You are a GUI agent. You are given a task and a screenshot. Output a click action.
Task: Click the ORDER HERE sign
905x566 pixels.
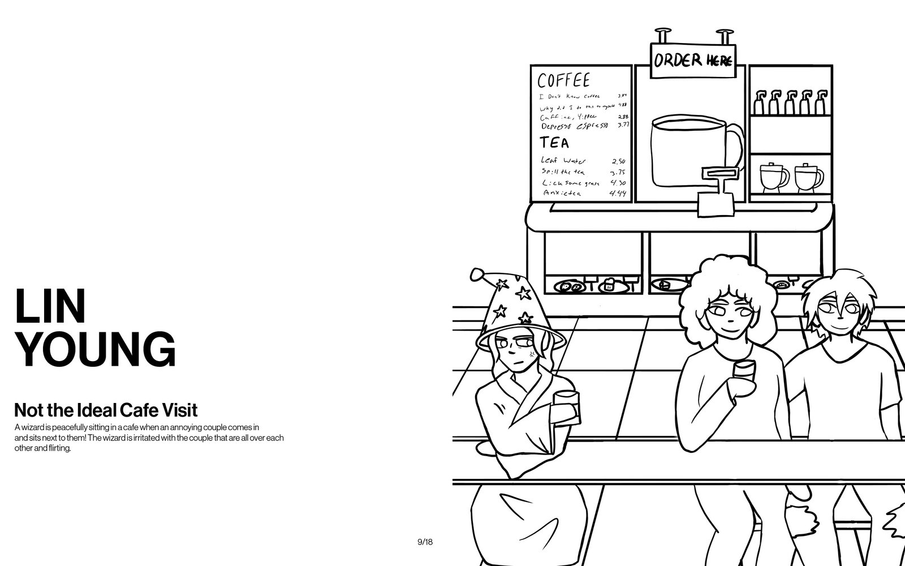pos(693,59)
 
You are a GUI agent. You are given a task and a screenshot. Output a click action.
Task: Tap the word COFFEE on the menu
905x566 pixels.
pos(563,80)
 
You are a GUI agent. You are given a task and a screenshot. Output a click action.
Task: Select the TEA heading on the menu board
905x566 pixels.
pos(554,141)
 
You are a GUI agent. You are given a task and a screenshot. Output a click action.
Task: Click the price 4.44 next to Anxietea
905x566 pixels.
pos(618,194)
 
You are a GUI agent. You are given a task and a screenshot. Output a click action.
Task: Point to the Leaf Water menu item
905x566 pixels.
pos(563,161)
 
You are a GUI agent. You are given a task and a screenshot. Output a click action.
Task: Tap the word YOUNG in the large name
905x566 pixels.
pos(95,350)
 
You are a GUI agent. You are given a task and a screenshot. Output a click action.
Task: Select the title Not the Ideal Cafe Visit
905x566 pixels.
pos(106,410)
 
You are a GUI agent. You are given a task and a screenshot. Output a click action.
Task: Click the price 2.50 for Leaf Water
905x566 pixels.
pos(618,161)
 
